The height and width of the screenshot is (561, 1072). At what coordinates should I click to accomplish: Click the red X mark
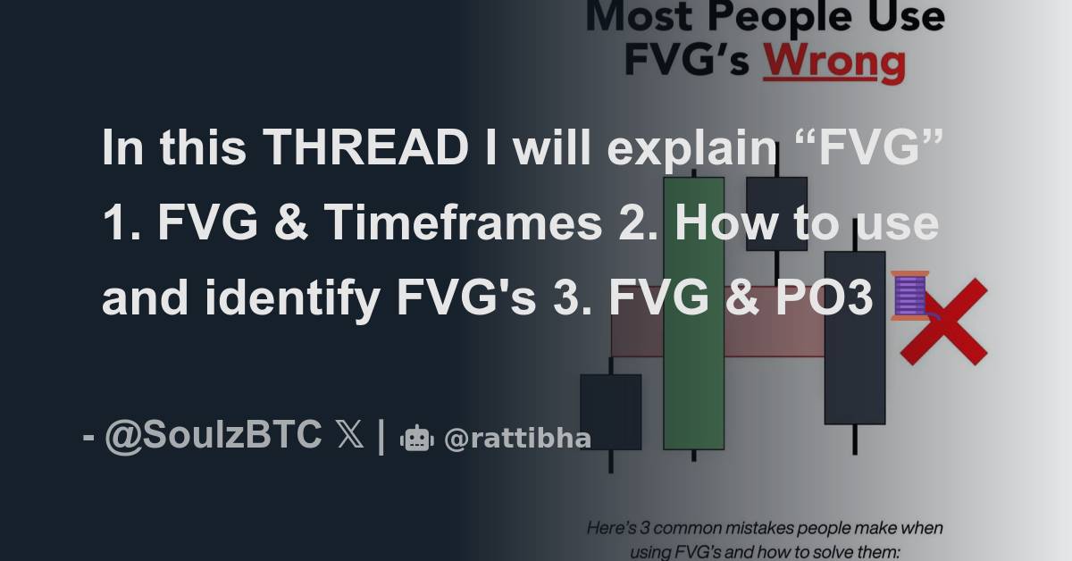tap(943, 322)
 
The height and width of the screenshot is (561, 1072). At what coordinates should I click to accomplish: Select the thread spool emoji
tap(910, 296)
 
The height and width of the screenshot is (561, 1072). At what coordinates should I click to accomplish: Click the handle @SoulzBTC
tap(214, 436)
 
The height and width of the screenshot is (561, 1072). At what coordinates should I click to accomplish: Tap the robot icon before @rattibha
tap(417, 438)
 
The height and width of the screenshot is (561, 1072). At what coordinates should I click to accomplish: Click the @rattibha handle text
tap(517, 438)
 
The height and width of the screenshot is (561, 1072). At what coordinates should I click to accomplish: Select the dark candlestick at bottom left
tap(610, 411)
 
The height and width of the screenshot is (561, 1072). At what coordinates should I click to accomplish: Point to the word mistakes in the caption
tap(745, 528)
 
